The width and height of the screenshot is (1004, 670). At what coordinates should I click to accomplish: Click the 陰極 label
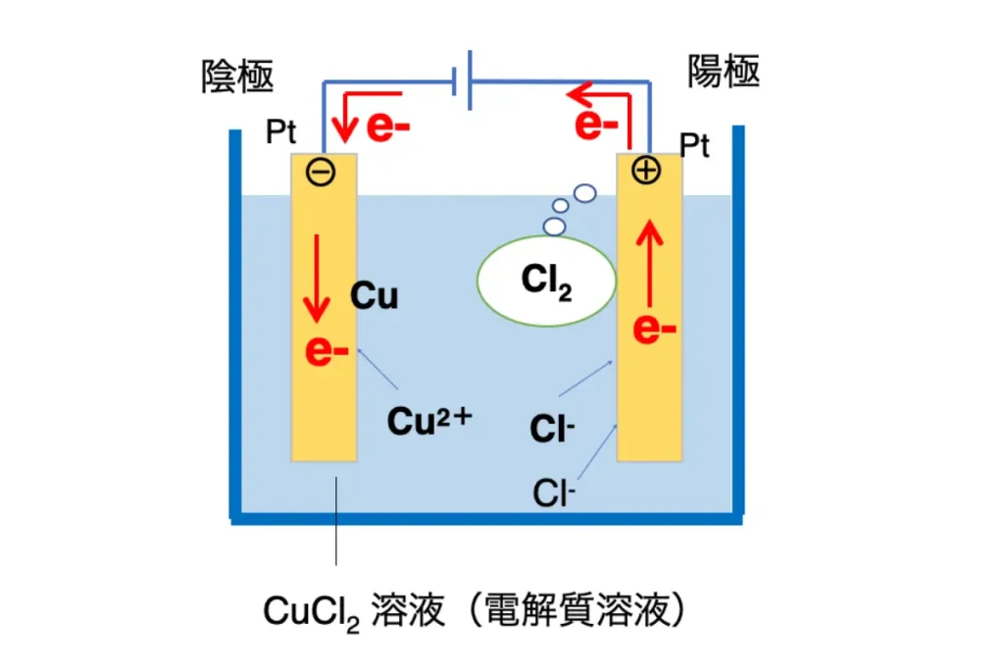(x=237, y=77)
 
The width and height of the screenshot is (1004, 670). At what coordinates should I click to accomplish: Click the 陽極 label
(x=724, y=71)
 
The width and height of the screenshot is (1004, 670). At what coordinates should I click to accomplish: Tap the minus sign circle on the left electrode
(x=321, y=173)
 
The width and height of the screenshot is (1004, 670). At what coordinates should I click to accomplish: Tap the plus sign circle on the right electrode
(x=645, y=171)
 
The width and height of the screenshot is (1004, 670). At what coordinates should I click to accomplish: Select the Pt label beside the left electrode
(x=281, y=132)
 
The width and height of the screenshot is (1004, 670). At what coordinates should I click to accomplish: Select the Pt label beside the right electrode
(x=695, y=145)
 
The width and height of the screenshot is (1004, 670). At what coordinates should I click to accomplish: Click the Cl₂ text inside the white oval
(x=546, y=282)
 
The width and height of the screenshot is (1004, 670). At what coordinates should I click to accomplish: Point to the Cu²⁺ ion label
(x=429, y=422)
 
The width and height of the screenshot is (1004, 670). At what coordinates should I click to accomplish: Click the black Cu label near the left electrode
(x=374, y=296)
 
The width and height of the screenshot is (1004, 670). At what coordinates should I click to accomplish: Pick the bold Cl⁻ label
(x=552, y=428)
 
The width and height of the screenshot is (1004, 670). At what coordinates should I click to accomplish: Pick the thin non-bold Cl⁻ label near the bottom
(x=554, y=493)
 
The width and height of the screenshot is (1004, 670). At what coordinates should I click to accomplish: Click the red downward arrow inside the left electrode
(x=317, y=278)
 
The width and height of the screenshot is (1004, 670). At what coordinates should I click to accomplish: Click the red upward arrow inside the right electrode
(x=649, y=263)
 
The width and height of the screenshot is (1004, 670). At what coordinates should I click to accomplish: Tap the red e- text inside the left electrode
(x=326, y=351)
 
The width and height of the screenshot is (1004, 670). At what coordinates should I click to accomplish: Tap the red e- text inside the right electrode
(x=654, y=329)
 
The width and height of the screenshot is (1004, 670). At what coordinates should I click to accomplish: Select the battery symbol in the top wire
(x=462, y=80)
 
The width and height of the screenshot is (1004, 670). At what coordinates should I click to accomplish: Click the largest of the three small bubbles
(x=584, y=193)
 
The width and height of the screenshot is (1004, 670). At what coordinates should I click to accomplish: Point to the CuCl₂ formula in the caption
(x=311, y=612)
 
